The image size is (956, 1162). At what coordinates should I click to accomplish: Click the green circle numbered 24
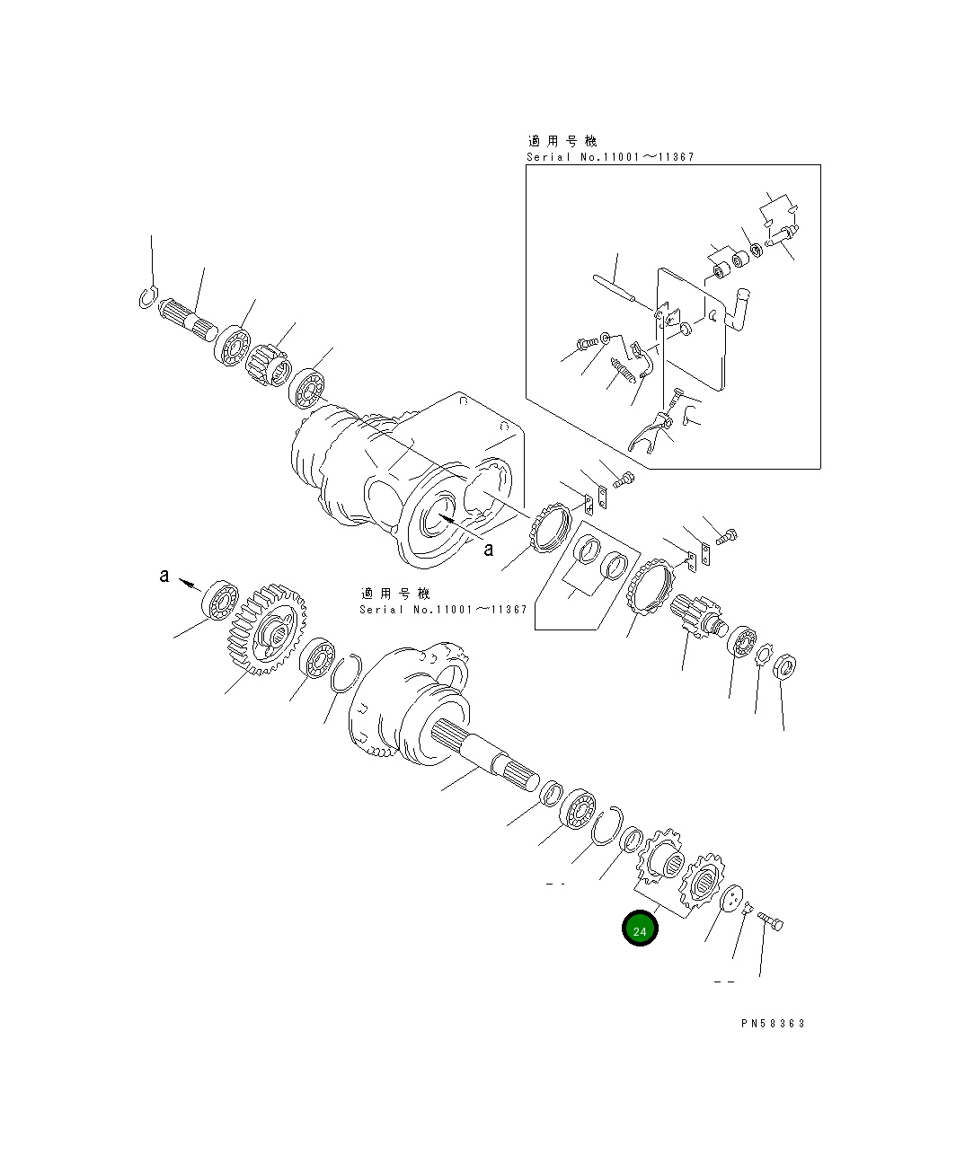click(x=640, y=930)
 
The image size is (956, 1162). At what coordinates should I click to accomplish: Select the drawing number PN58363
click(x=773, y=1023)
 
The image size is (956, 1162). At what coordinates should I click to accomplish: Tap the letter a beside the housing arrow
click(x=488, y=549)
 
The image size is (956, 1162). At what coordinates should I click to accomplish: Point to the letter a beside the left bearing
click(x=164, y=576)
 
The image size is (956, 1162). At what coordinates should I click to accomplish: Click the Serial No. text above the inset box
click(x=609, y=157)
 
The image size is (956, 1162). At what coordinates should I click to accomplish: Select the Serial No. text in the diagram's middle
click(x=442, y=609)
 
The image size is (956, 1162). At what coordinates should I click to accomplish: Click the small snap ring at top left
click(x=149, y=297)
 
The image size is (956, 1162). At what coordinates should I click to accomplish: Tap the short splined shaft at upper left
click(x=188, y=321)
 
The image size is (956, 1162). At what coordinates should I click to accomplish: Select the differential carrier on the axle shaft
click(x=404, y=700)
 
